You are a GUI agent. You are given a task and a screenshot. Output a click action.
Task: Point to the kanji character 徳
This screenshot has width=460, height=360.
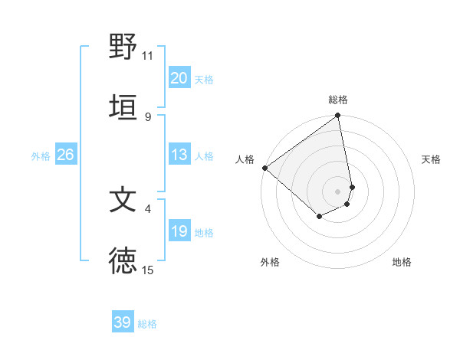pyautogui.click(x=123, y=260)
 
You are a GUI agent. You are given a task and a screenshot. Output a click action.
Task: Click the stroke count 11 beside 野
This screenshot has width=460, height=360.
pyautogui.click(x=148, y=56)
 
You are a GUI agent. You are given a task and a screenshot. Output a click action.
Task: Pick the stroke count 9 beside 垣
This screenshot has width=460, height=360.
pyautogui.click(x=148, y=116)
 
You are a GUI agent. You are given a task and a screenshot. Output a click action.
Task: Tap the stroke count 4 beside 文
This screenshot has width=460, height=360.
pyautogui.click(x=148, y=208)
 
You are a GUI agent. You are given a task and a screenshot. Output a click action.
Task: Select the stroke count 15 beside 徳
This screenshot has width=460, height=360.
pyautogui.click(x=148, y=270)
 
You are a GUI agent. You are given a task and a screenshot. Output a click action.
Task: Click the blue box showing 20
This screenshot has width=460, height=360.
pyautogui.click(x=179, y=78)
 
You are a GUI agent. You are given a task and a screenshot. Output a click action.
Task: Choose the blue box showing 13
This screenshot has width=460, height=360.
pyautogui.click(x=179, y=155)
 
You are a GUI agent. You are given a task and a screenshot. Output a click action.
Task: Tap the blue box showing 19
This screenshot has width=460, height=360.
pyautogui.click(x=179, y=231)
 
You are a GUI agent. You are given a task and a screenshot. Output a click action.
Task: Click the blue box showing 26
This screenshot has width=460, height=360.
pyautogui.click(x=65, y=155)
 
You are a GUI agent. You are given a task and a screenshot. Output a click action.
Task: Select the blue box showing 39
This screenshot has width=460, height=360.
pyautogui.click(x=123, y=323)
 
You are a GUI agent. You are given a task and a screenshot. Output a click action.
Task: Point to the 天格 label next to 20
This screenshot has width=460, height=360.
pyautogui.click(x=204, y=79)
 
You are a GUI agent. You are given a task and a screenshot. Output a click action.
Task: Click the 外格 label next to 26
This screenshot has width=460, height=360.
pyautogui.click(x=41, y=156)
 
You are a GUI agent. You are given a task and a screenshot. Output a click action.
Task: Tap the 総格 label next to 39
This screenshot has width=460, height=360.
pyautogui.click(x=147, y=324)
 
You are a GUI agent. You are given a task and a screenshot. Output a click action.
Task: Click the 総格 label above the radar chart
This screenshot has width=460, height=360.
pyautogui.click(x=338, y=100)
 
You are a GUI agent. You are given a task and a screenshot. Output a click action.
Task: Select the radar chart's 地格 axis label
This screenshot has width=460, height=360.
pyautogui.click(x=402, y=262)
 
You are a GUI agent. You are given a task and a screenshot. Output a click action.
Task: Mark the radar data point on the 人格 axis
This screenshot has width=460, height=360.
pyautogui.click(x=264, y=168)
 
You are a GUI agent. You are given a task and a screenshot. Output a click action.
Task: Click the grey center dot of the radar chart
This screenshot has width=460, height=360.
pyautogui.click(x=338, y=191)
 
